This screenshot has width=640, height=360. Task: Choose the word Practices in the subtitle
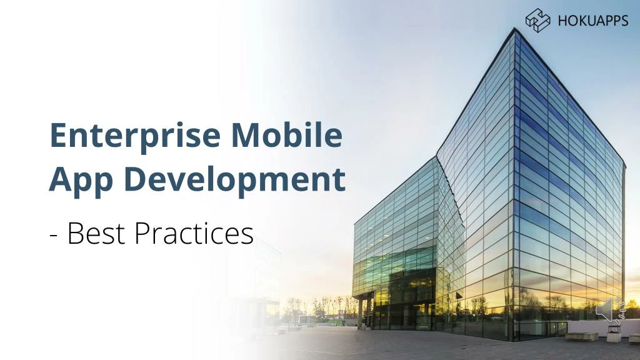pyautogui.click(x=194, y=234)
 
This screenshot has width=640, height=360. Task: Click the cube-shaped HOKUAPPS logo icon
pyautogui.click(x=537, y=20)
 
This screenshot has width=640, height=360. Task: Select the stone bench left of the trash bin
pyautogui.click(x=582, y=336)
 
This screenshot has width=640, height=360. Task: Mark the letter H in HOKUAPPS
pyautogui.click(x=561, y=21)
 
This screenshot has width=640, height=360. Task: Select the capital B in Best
pyautogui.click(x=74, y=234)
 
